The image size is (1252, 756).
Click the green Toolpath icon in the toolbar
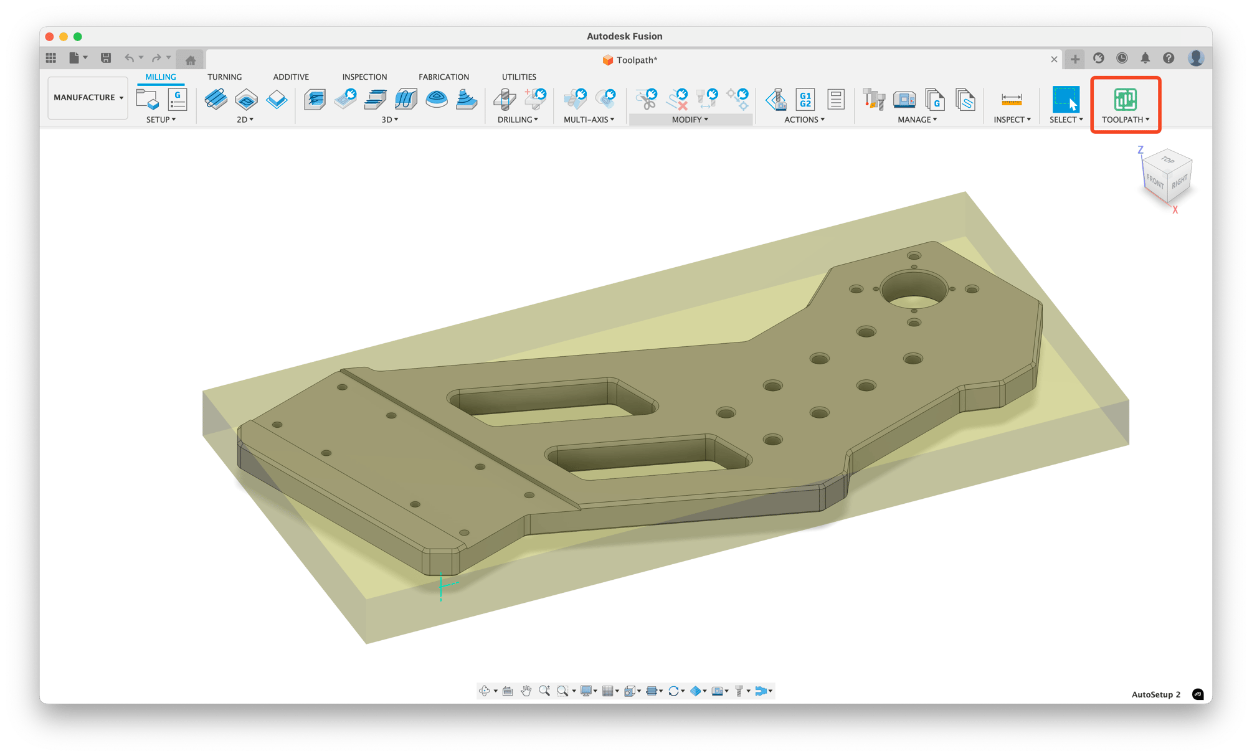tap(1125, 99)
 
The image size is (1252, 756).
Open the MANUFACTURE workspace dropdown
tap(88, 98)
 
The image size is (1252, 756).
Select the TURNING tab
tap(224, 77)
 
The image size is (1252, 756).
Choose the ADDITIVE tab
tap(290, 77)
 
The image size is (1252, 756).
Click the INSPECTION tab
tap(364, 77)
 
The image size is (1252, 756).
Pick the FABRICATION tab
tap(443, 77)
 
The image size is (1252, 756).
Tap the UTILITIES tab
tap(519, 77)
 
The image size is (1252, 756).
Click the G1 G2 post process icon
tap(805, 99)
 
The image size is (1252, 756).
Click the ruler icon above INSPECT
tap(1011, 99)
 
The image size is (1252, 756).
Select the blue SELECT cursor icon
tap(1065, 99)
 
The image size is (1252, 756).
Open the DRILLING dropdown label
tap(518, 120)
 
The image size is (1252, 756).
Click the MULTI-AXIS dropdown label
tap(589, 120)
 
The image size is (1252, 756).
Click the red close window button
tap(50, 37)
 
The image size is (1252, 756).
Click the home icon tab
tap(191, 60)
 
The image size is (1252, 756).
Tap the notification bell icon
tap(1145, 58)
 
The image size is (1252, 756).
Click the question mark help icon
tap(1169, 58)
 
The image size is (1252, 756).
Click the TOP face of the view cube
tap(1167, 161)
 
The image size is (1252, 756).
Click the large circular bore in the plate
tap(914, 290)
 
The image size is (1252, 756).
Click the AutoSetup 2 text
tap(1155, 694)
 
